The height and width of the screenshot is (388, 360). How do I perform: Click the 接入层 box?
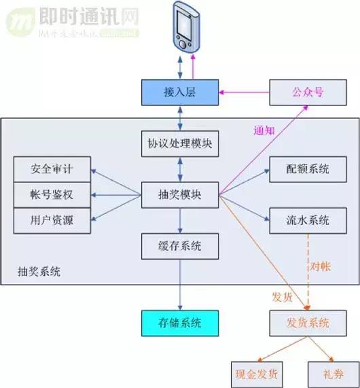pos(181,92)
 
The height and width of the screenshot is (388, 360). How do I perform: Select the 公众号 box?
pos(308,92)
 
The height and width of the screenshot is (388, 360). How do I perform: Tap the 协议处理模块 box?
pos(181,144)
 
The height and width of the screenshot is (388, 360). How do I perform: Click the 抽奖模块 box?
pos(181,195)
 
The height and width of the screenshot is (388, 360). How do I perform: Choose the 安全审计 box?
pos(52,169)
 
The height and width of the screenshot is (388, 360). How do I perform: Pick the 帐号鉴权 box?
pos(52,195)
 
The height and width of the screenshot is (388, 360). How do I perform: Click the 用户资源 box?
pos(52,221)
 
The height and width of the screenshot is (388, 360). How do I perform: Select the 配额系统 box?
pos(308,169)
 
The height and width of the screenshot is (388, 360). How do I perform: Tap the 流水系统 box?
pos(308,220)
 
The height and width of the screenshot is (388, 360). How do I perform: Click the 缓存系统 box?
pos(181,245)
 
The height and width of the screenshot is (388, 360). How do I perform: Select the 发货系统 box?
pos(308,323)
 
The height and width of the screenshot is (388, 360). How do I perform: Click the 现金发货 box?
pos(257,374)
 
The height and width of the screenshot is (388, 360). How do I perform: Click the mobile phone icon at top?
pos(186,26)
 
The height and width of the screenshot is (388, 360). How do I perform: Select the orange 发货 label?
pos(282,297)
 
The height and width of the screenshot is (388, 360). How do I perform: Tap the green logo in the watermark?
pos(20,20)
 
